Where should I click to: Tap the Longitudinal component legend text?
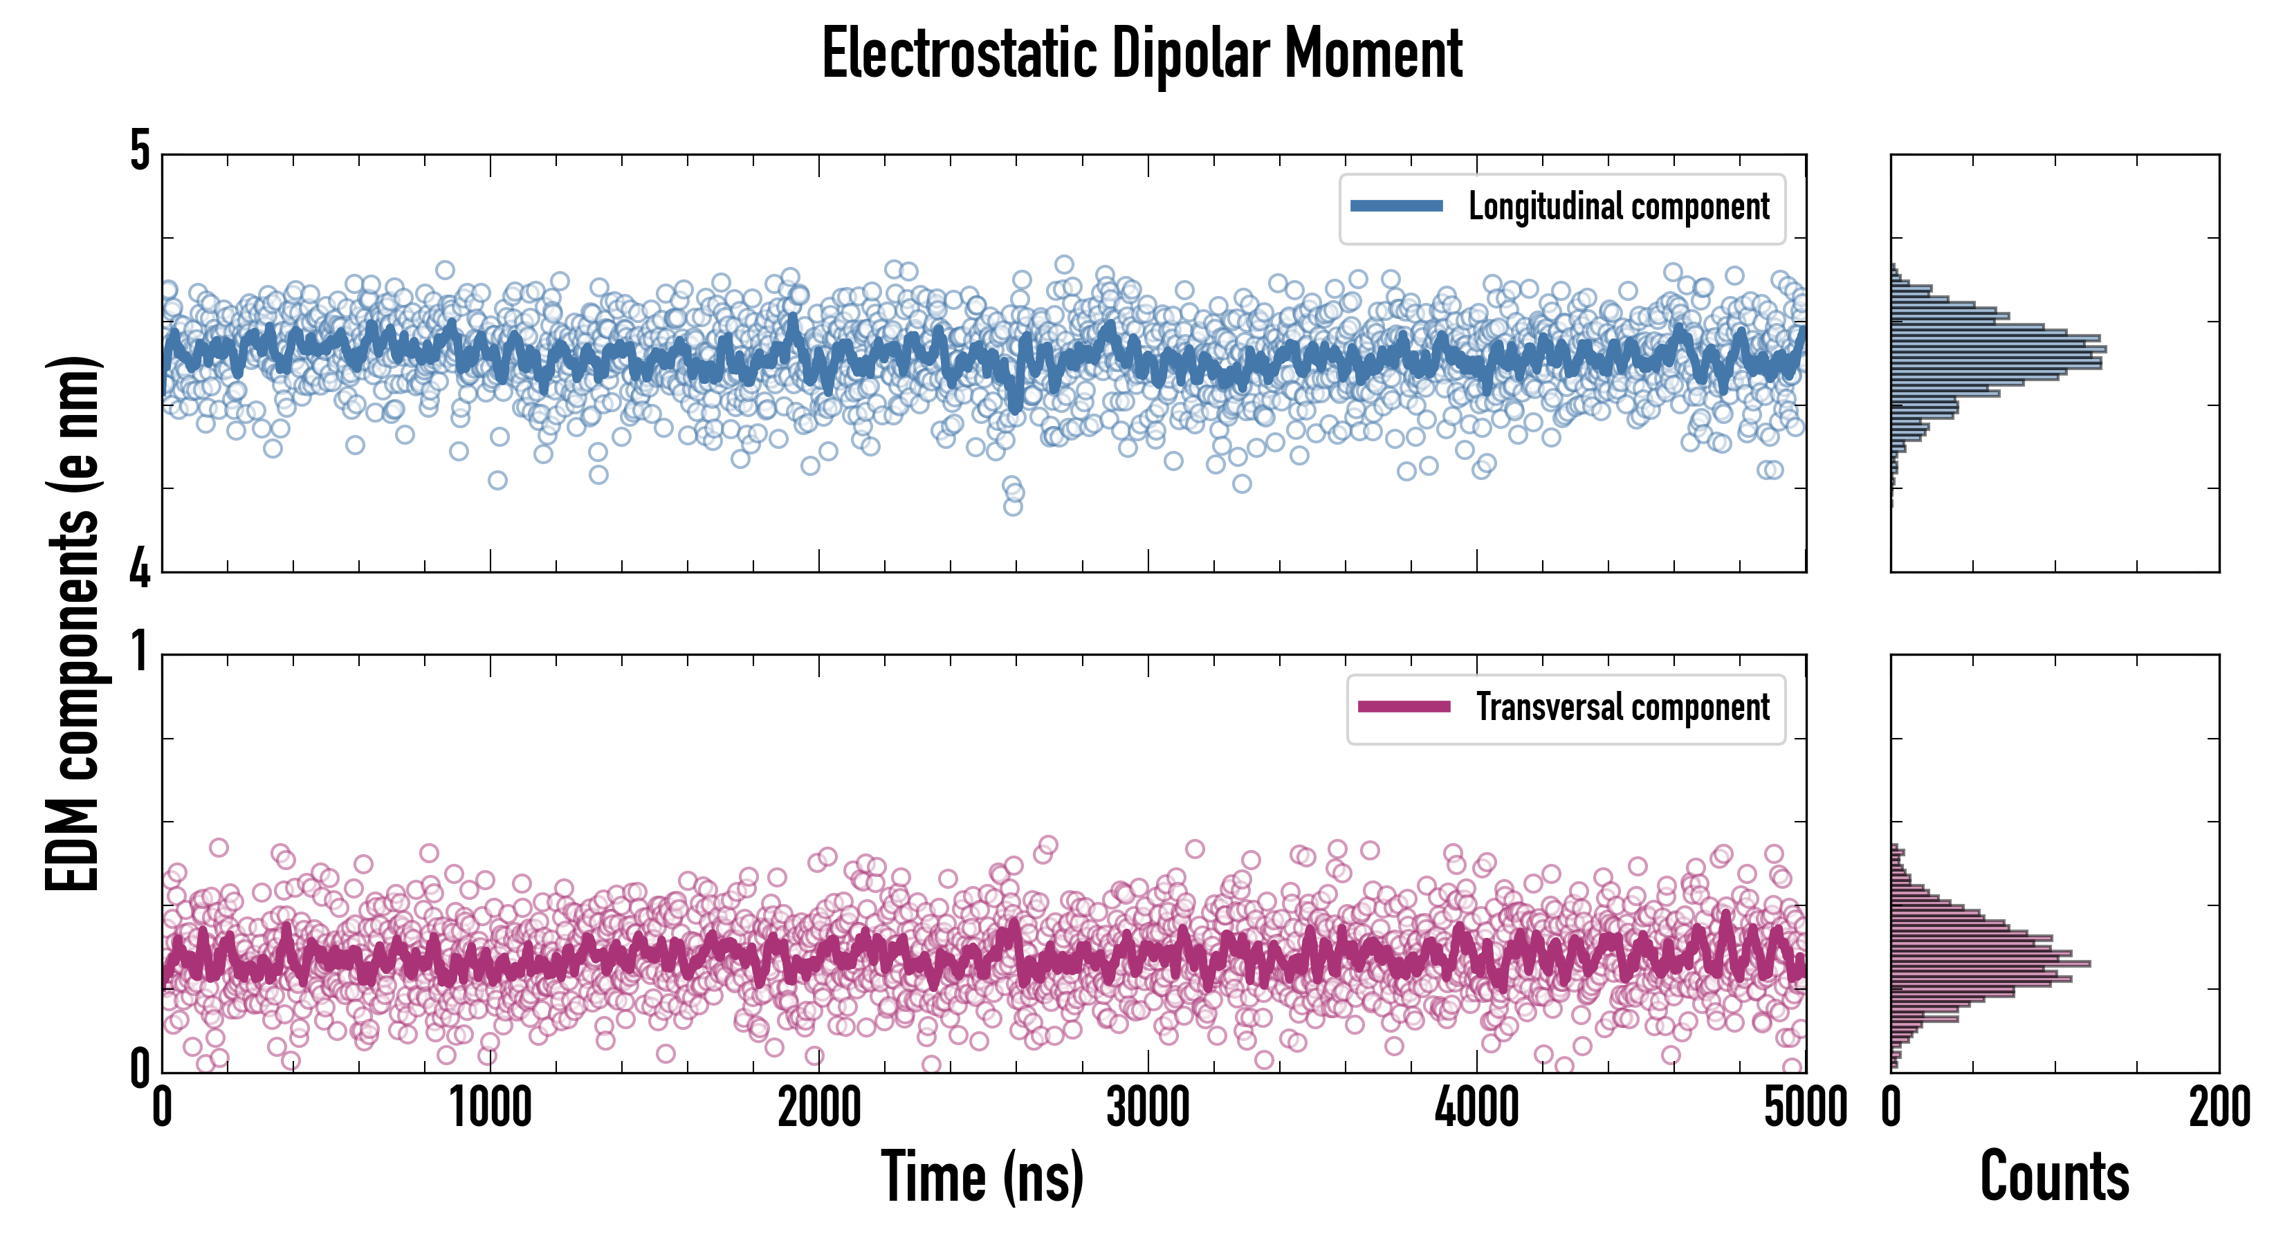[1618, 207]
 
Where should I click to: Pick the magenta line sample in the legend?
[1404, 707]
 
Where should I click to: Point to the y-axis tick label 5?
[140, 152]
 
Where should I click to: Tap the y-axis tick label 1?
[140, 653]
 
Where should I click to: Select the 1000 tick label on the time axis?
[490, 1107]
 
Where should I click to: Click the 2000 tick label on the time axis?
[819, 1107]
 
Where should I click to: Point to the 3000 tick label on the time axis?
[1148, 1107]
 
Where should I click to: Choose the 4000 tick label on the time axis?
[1476, 1107]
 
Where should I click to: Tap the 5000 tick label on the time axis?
[1806, 1107]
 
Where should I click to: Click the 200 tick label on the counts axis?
[2219, 1107]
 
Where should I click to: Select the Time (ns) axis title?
[982, 1177]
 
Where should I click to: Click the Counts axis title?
[2054, 1177]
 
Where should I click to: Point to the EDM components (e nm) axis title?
[73, 624]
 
